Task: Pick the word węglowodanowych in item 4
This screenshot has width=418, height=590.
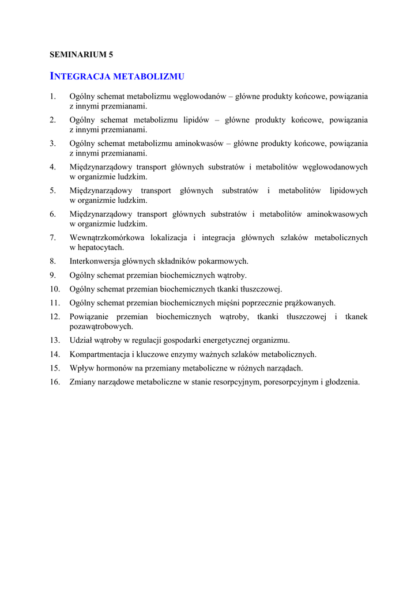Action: (335, 167)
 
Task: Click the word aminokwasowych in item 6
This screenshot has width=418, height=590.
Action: (337, 214)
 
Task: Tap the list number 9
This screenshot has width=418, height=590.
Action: (52, 275)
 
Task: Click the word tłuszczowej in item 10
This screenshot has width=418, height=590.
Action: (261, 289)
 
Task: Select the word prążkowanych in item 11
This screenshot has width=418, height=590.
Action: (310, 302)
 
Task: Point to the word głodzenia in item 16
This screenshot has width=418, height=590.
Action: (341, 381)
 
